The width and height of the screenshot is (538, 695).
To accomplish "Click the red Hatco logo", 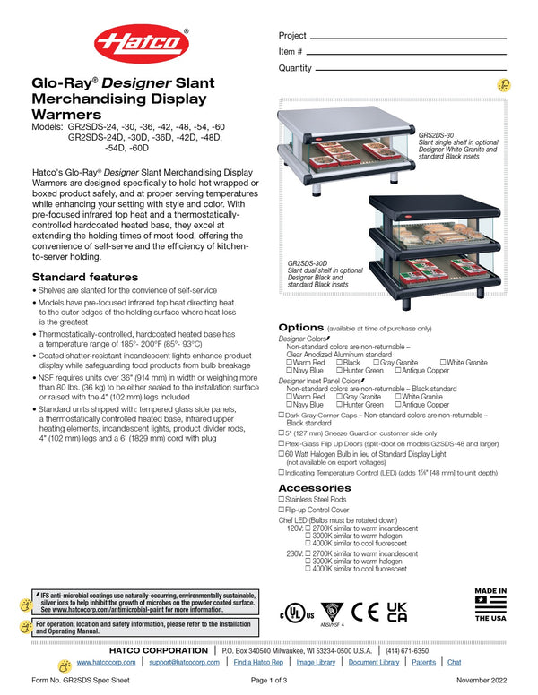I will [x=142, y=45].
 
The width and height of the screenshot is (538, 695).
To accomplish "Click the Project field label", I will [x=292, y=36].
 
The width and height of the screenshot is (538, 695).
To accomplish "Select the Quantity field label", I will [x=295, y=68].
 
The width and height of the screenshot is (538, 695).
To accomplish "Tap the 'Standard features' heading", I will [x=85, y=277].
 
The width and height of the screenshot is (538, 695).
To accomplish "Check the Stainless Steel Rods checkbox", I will [x=282, y=498].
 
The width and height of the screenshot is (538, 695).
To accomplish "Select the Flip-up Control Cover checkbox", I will [x=282, y=509].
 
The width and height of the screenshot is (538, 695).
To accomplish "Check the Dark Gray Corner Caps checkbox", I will [x=282, y=416].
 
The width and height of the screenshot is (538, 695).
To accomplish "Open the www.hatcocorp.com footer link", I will [x=106, y=662].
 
